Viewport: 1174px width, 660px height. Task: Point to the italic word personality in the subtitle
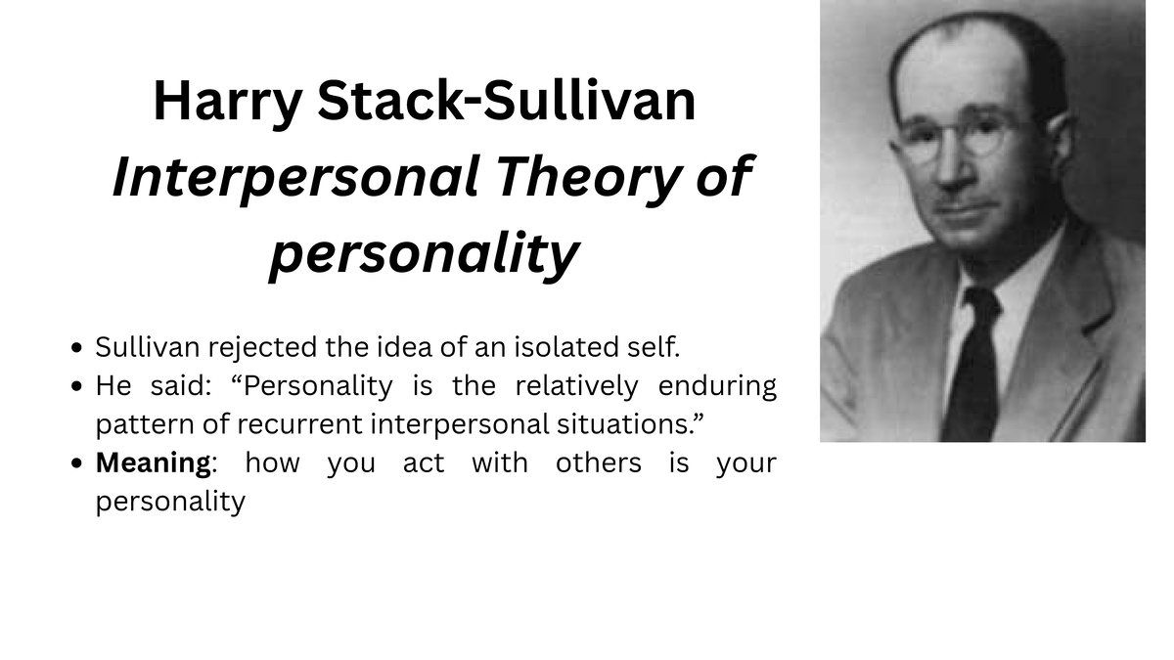click(x=424, y=254)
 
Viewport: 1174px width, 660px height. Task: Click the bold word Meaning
click(x=154, y=462)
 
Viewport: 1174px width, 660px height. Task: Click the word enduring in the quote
click(x=717, y=386)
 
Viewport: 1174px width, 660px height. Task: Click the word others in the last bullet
click(x=599, y=462)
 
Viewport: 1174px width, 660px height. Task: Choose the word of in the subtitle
click(x=726, y=179)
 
